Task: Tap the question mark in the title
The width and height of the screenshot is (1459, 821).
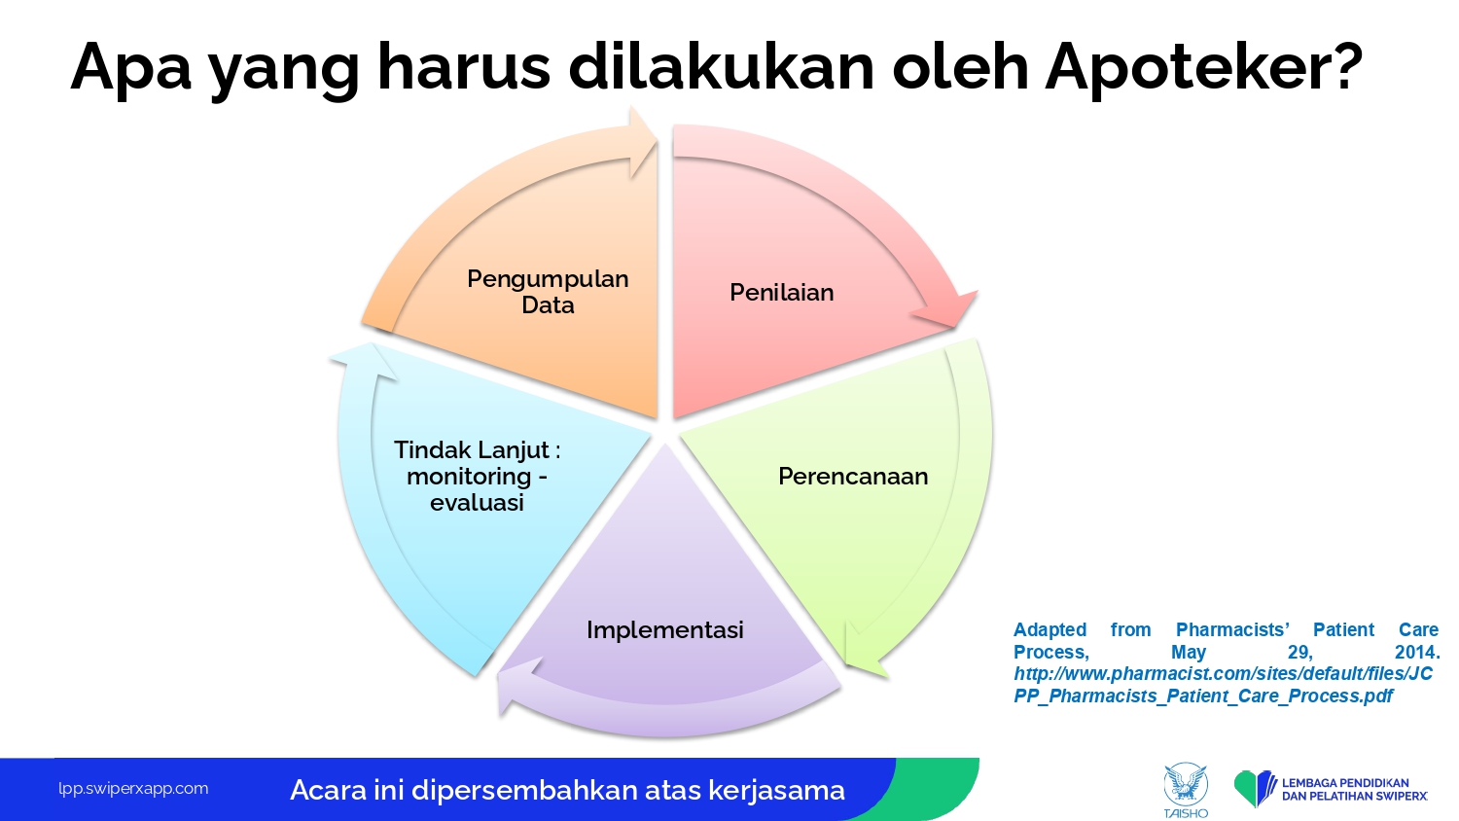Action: tap(1344, 64)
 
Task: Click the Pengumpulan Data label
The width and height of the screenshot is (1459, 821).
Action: tap(548, 292)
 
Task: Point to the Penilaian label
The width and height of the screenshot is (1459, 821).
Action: tap(782, 292)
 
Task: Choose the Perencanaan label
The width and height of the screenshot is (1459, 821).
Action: tap(853, 476)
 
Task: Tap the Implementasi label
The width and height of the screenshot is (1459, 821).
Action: tap(665, 630)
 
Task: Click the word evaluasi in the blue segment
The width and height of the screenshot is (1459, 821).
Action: tap(477, 502)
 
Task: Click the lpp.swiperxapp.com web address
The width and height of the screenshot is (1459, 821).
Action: tap(133, 789)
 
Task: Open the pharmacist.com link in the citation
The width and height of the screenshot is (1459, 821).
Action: tap(1224, 685)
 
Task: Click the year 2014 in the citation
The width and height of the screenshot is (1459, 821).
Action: tap(1417, 652)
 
